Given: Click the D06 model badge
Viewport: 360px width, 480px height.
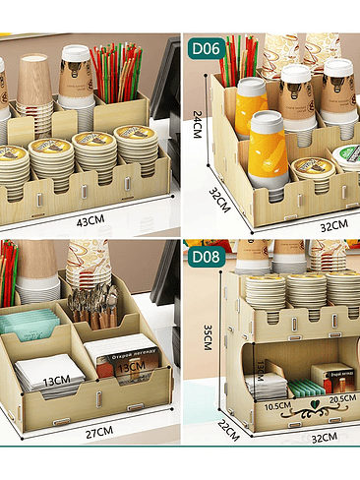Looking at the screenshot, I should click(206, 47).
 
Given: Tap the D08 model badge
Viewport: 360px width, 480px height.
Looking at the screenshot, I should click(206, 258).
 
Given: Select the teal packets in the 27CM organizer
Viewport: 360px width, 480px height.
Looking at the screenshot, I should click(29, 323).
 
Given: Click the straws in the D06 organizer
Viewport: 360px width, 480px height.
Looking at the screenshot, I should click(241, 59).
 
